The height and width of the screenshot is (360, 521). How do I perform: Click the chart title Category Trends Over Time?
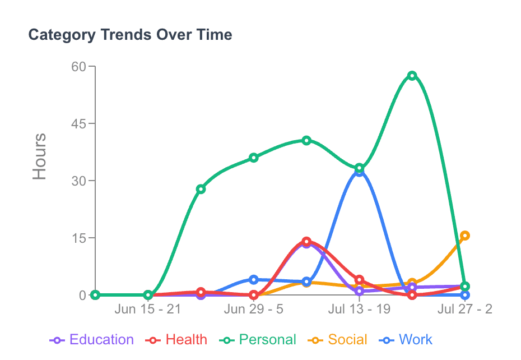[x=130, y=35]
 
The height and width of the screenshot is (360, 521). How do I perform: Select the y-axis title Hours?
[x=39, y=156]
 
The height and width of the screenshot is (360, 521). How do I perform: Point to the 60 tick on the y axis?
[x=79, y=67]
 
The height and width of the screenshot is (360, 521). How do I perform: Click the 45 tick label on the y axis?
[x=79, y=124]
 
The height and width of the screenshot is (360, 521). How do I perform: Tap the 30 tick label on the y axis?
[x=79, y=181]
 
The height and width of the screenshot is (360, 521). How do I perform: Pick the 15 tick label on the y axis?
[x=79, y=238]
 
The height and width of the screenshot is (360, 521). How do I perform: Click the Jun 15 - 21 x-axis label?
[x=148, y=310]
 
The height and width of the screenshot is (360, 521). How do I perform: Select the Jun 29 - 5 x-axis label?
[x=254, y=310]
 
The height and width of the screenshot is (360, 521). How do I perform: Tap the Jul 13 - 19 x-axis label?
[x=359, y=310]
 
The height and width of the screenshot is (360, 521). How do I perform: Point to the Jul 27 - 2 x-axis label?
[x=465, y=310]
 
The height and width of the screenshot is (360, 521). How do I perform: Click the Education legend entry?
[x=92, y=340]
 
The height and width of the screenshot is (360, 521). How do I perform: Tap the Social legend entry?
[x=338, y=340]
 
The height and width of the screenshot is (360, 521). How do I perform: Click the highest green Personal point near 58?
[x=412, y=76]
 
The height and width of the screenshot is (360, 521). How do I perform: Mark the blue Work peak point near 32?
[x=359, y=172]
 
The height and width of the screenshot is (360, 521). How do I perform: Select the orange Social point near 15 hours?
[x=464, y=236]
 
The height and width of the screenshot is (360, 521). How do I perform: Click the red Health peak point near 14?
[x=306, y=242]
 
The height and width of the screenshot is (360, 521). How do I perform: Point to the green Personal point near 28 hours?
[x=201, y=189]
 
